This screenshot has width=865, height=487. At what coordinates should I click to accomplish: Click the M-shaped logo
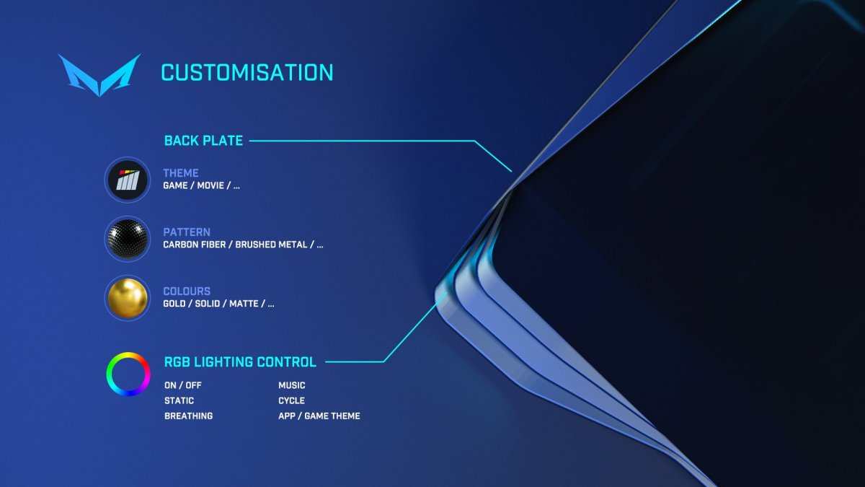coord(99,75)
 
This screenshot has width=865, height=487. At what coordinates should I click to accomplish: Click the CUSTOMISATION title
coord(247,73)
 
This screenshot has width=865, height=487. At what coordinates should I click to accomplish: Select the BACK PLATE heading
coord(203,141)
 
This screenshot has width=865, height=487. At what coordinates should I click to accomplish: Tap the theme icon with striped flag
coord(128,180)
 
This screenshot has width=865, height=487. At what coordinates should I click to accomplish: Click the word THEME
coord(181,172)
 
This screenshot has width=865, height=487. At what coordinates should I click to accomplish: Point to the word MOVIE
coord(210,185)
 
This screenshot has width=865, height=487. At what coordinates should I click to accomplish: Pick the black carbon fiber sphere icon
coord(128,239)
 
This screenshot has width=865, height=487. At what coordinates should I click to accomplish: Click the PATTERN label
coord(187,232)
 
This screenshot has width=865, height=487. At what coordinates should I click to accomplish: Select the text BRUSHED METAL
coord(271,245)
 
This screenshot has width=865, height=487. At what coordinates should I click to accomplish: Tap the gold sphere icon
coord(128,298)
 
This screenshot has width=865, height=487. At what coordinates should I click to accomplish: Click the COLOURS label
coord(187,291)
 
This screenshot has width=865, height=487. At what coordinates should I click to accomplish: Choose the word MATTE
coord(244,304)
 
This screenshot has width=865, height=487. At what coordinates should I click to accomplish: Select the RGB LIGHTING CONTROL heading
coord(240,362)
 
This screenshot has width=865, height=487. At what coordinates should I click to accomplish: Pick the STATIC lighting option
coord(179,401)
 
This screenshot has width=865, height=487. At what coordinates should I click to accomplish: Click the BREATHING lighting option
coord(188,416)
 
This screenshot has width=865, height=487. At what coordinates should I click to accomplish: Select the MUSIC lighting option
coord(291,385)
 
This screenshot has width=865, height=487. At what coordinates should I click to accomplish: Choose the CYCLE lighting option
coord(291,401)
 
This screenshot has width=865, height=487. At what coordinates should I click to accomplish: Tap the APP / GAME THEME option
coord(319,416)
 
